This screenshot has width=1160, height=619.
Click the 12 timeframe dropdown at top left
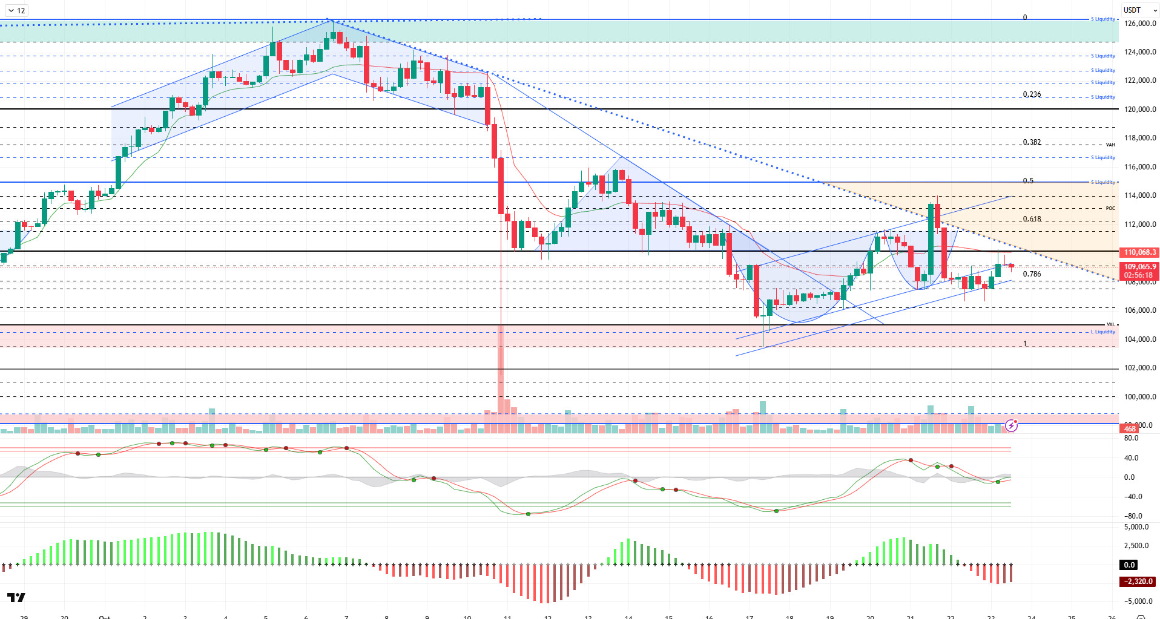click(16, 10)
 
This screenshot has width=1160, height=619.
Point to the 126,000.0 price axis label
click(1140, 24)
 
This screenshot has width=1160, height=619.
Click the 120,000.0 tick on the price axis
click(1140, 110)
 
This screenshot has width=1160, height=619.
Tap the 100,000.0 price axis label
click(1140, 397)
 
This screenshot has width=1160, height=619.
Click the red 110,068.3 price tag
click(1139, 252)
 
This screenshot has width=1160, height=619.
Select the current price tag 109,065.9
click(1139, 267)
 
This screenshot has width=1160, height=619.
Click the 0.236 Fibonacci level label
click(1032, 94)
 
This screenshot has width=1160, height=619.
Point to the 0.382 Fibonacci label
click(1032, 142)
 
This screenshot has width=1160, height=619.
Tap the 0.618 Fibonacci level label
click(1032, 219)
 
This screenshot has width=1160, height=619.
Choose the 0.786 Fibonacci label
click(1032, 274)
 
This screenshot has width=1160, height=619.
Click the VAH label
click(1110, 145)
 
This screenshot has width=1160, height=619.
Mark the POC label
click(1110, 208)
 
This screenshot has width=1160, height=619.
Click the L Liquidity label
click(1102, 332)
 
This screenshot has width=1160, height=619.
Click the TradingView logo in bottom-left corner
click(16, 598)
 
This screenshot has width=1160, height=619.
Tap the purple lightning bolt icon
click(1011, 425)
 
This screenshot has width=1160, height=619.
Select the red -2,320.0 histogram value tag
click(1138, 581)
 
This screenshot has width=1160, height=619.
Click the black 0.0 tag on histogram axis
click(1130, 565)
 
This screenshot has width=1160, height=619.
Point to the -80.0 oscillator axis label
click(1133, 516)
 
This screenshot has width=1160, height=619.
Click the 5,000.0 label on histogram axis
click(1136, 527)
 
